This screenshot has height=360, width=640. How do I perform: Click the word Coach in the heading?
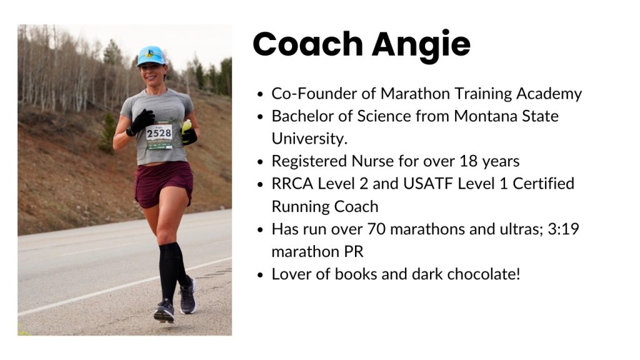(307, 44)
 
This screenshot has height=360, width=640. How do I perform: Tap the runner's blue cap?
(151, 56)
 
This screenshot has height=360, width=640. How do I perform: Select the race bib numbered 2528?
(159, 134)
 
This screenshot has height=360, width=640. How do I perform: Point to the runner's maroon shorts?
(164, 183)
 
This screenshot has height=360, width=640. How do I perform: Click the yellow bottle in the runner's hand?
(186, 127)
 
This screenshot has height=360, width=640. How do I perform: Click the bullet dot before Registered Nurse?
(261, 162)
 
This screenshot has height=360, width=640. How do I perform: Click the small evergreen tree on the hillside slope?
(107, 132)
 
